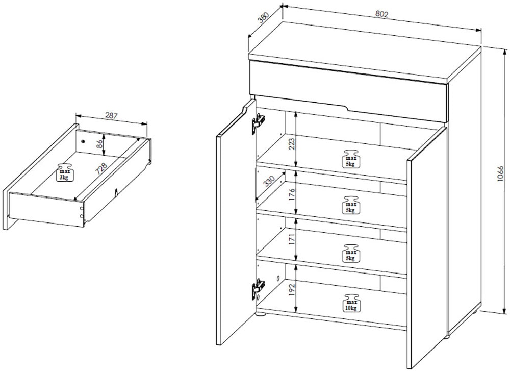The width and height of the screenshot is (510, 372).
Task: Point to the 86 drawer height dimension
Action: [x=100, y=144]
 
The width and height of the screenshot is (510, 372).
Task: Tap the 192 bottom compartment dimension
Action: [x=292, y=289]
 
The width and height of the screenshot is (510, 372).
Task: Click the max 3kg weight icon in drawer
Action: [x=65, y=172]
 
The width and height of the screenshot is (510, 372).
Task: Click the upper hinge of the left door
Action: [x=258, y=123]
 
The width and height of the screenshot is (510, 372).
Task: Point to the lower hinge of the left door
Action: [x=258, y=289]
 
